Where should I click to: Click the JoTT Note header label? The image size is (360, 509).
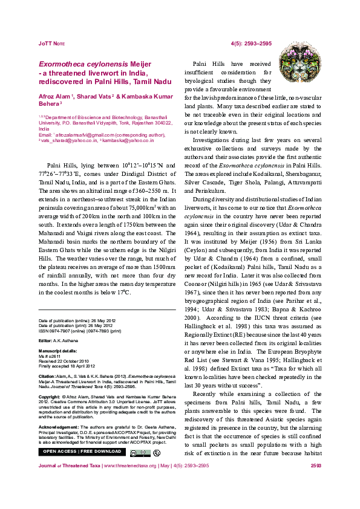tap(51, 44)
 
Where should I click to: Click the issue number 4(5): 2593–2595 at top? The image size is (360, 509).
tap(251, 44)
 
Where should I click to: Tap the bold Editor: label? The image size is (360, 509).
tap(47, 340)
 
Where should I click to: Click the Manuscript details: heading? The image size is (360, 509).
tap(57, 351)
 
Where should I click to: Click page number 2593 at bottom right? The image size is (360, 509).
tap(315, 483)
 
